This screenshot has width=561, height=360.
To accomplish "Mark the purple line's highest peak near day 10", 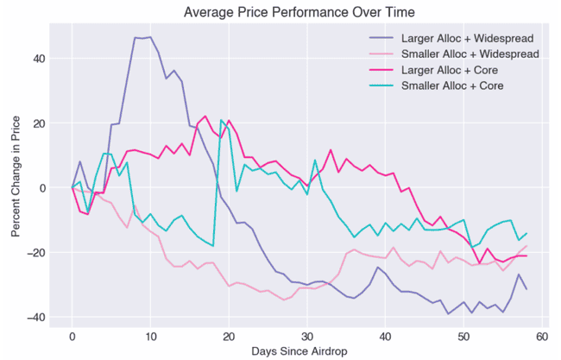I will (150, 37).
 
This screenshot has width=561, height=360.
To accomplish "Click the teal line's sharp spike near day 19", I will (221, 120).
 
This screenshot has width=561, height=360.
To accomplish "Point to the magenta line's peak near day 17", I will (205, 117).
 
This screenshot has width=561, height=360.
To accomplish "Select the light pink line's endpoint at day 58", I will (526, 246).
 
